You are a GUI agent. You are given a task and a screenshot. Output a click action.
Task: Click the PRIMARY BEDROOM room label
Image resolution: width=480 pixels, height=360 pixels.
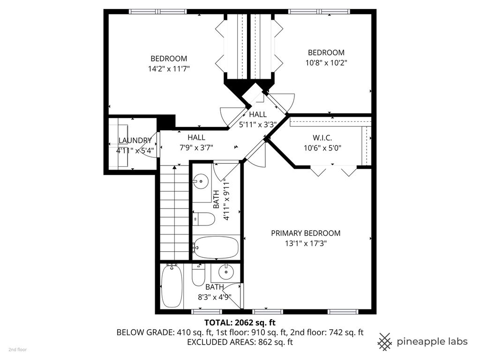306,233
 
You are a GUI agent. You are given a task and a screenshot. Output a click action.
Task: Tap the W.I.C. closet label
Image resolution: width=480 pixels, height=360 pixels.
322,138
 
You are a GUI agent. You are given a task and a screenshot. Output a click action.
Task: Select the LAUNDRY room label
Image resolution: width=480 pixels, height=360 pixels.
135,141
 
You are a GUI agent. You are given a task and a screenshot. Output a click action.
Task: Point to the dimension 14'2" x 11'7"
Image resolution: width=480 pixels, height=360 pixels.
169,68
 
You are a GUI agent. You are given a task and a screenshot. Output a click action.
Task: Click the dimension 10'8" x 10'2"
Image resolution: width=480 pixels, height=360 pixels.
326,63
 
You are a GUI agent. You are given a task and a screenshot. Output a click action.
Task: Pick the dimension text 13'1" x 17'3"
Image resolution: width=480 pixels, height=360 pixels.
306,244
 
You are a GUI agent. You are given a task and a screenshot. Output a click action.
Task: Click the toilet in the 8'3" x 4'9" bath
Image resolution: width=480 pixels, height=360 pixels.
198,275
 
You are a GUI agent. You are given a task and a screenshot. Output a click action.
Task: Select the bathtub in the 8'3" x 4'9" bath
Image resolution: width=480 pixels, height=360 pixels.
172,286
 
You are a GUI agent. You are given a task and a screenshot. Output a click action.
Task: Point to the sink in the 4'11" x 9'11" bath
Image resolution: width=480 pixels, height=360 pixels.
201,181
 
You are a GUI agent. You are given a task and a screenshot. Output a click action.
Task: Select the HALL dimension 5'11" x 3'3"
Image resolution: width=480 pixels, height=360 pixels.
258,125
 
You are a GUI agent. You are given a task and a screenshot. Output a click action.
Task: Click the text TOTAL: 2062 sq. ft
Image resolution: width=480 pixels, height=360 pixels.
240,322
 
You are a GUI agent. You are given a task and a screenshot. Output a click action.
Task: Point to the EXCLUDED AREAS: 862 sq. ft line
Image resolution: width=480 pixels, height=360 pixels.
240,342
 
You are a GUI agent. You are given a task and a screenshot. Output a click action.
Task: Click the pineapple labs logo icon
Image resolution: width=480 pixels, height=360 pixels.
385,342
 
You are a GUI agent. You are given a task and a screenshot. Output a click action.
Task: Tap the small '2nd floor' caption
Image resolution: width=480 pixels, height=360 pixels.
17,350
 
